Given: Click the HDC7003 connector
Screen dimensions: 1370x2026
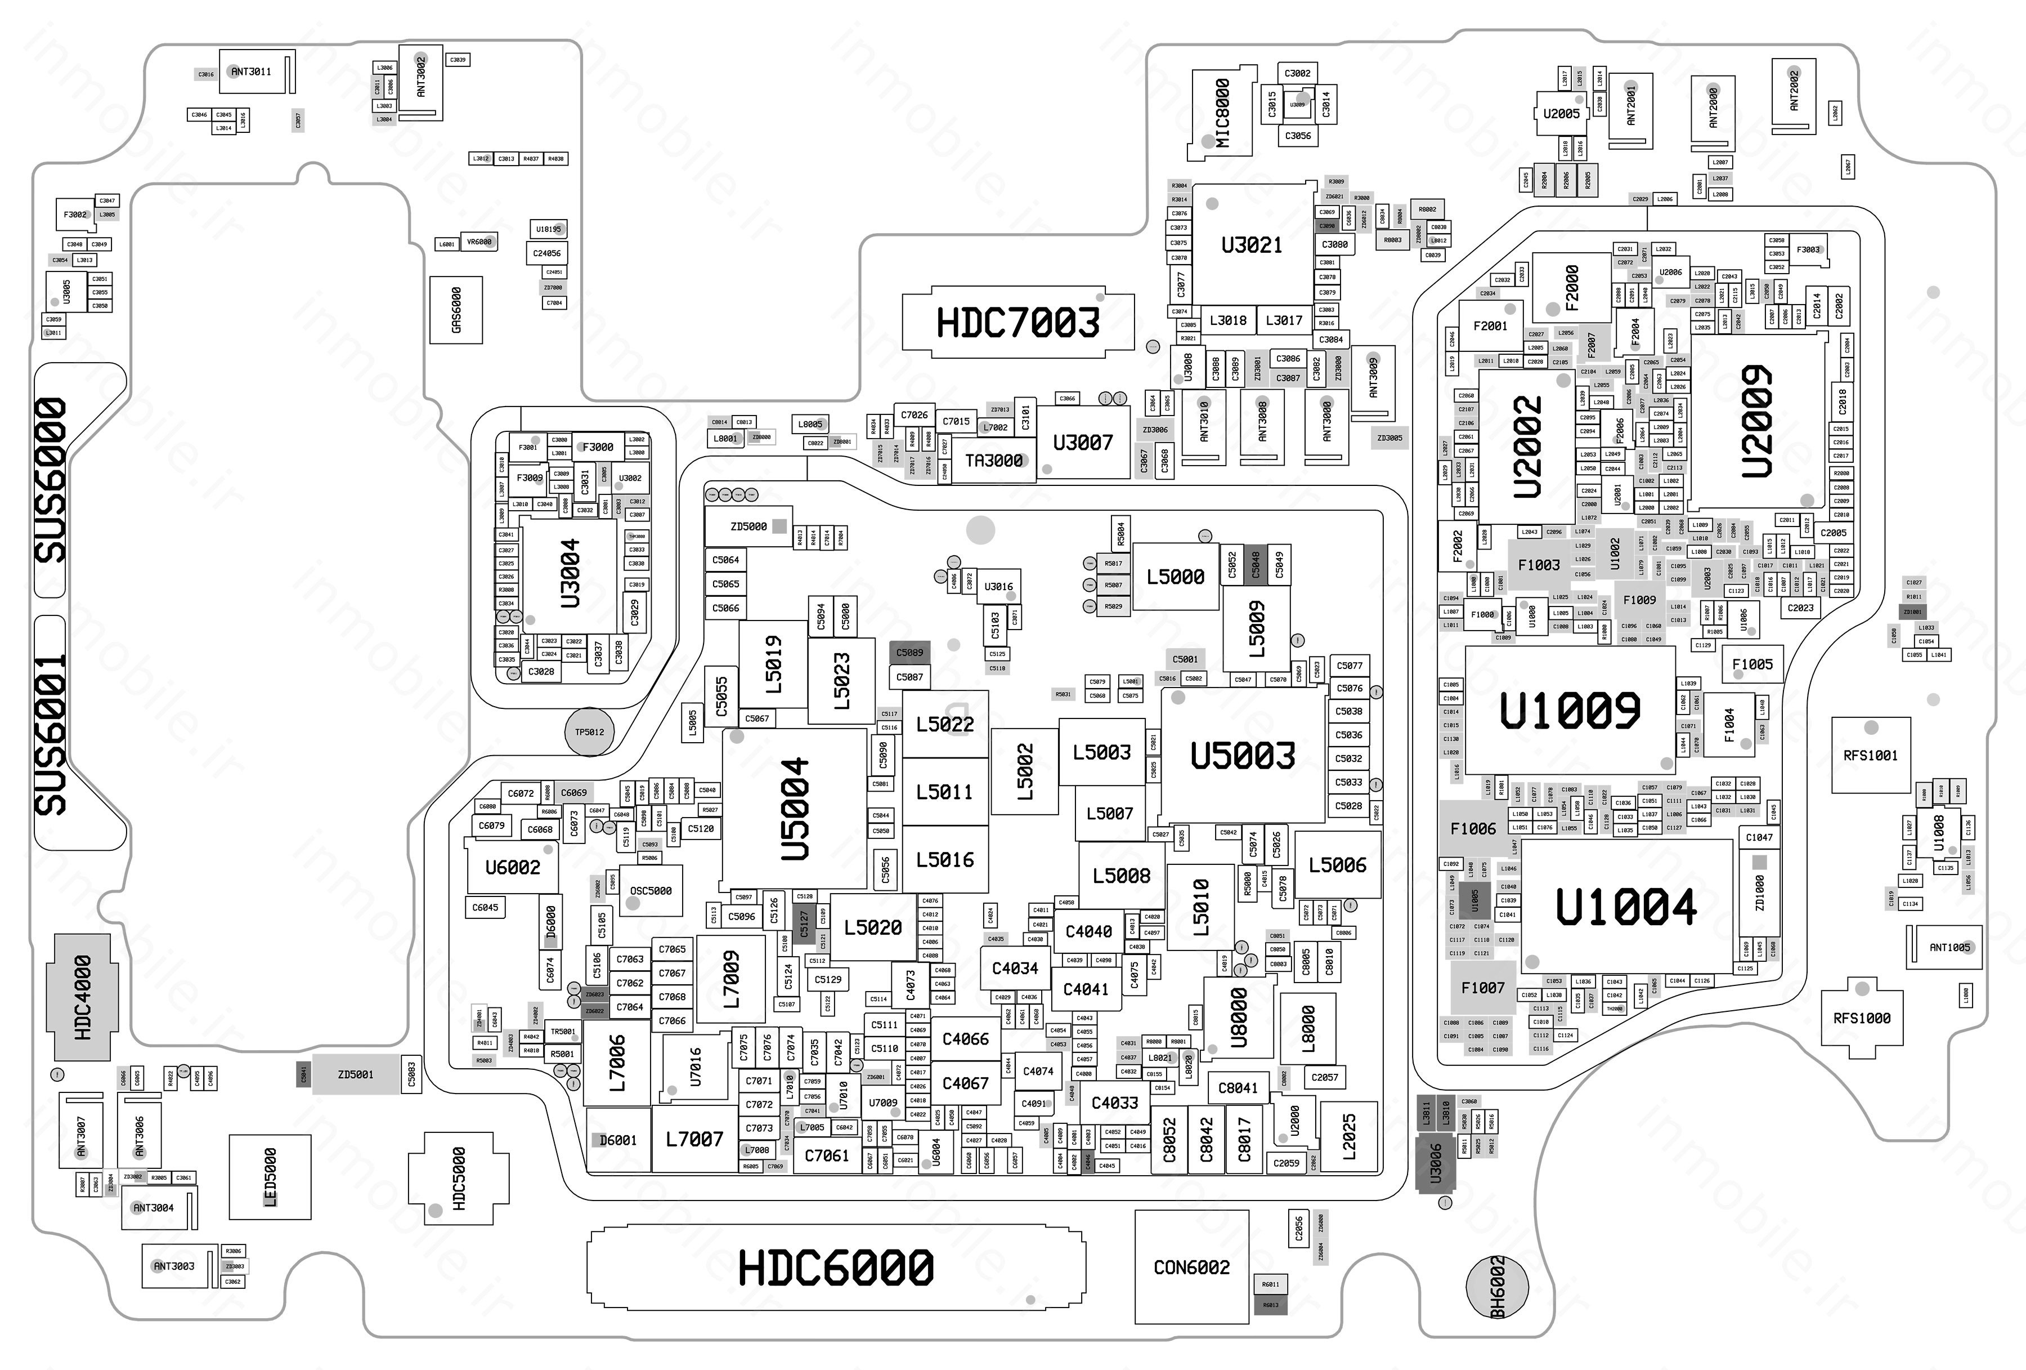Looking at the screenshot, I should [1018, 323].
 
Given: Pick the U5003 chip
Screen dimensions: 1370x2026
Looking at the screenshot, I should [1242, 755].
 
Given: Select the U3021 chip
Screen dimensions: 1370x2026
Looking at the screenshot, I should [1252, 245].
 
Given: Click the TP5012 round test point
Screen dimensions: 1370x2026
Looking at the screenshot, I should [589, 731].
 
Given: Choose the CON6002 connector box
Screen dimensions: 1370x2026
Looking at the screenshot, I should [1191, 1267].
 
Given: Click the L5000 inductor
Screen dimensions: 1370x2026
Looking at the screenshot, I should [1175, 577].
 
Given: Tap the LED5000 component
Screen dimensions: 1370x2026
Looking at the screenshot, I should [270, 1176].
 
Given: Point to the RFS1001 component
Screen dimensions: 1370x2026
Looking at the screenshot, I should [1870, 755].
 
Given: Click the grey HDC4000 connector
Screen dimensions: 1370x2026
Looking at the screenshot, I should [83, 997].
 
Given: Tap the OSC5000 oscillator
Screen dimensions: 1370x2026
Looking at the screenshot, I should [651, 890].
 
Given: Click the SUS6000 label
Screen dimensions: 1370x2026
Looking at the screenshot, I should [51, 480].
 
